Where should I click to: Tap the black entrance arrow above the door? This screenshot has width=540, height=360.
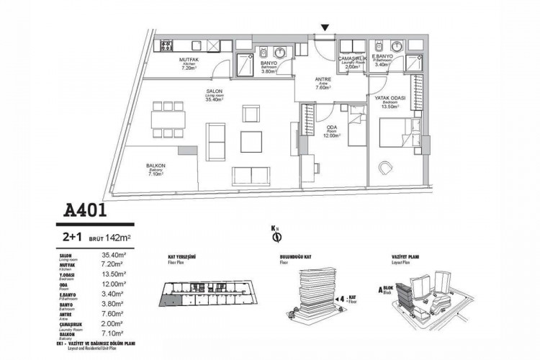click(325, 28)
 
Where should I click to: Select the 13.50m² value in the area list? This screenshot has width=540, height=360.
click(114, 274)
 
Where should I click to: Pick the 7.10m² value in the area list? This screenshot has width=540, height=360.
click(114, 333)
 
